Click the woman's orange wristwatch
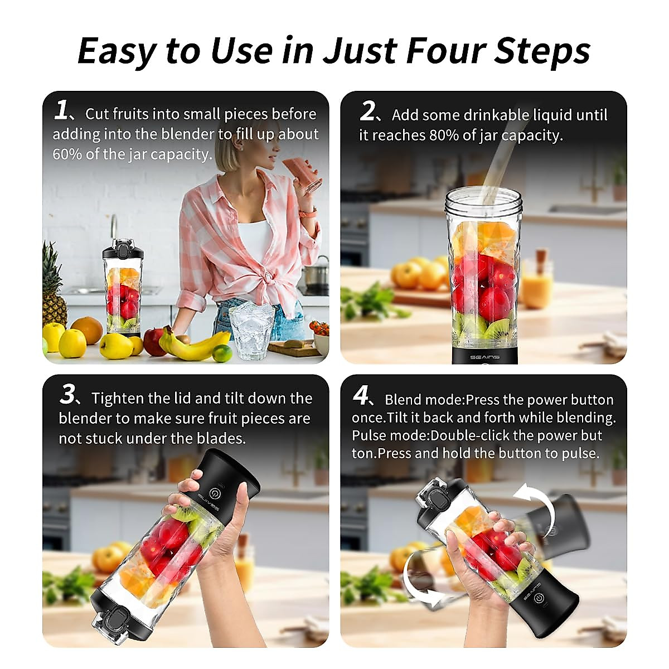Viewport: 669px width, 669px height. [308, 212]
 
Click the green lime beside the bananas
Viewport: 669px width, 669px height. [222, 353]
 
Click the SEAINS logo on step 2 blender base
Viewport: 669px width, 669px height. [484, 357]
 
